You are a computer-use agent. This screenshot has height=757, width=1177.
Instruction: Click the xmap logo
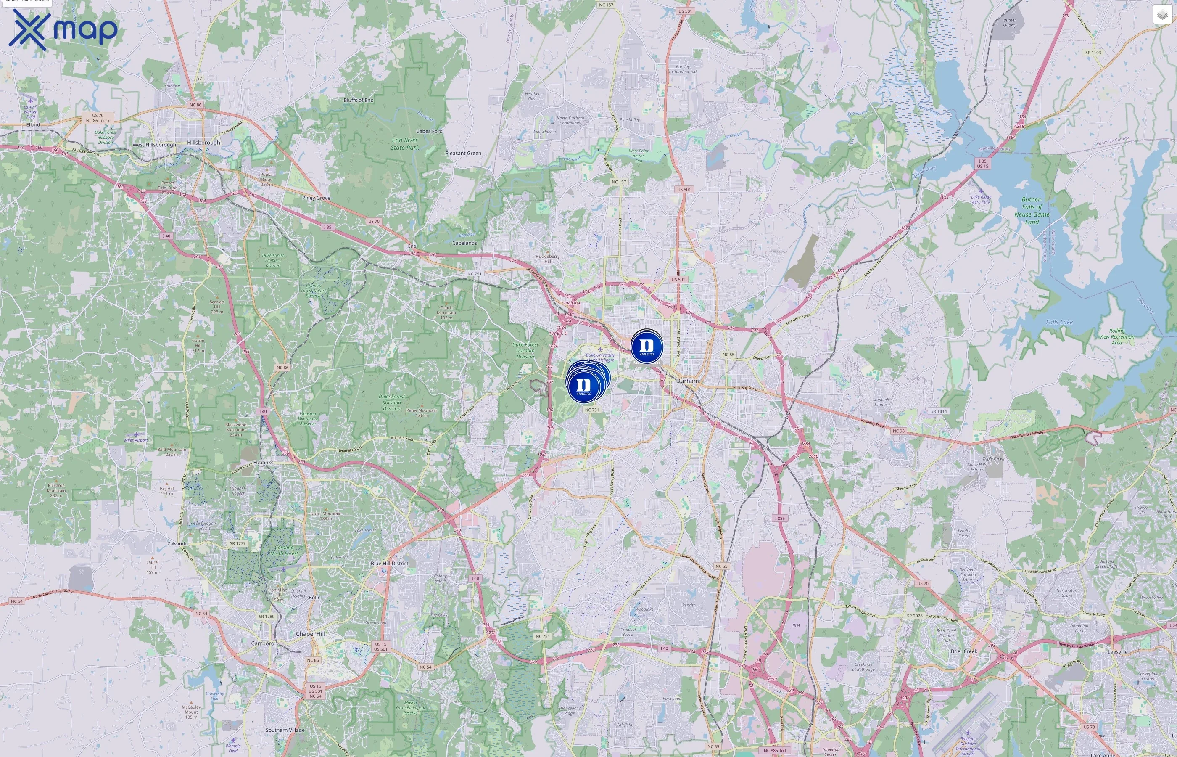tap(63, 29)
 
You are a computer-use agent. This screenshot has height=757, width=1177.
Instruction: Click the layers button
tap(1162, 15)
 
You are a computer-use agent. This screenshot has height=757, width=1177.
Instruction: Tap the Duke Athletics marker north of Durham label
tap(647, 347)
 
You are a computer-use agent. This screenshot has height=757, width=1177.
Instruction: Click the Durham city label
tap(687, 381)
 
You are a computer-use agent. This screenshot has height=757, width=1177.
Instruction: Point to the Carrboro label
tap(262, 643)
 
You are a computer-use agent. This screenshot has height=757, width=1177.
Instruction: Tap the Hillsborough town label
tap(203, 143)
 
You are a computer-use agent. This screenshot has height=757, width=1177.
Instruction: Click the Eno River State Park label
tap(405, 143)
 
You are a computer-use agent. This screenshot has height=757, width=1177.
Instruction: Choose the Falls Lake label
tap(1059, 322)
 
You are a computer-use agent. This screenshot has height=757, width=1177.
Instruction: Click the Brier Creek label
tap(964, 651)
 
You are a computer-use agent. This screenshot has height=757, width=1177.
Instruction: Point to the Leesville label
tap(1118, 652)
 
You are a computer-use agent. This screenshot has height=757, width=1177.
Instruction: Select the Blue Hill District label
tap(389, 563)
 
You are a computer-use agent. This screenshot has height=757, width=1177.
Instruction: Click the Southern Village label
tap(285, 730)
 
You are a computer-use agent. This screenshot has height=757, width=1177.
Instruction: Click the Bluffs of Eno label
tap(359, 100)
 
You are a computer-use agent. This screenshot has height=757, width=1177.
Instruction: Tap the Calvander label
tap(178, 544)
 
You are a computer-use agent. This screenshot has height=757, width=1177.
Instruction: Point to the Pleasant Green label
tap(463, 153)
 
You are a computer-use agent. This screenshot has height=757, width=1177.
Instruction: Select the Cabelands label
tap(464, 243)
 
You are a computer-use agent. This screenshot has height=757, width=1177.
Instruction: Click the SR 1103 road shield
tap(1093, 53)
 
